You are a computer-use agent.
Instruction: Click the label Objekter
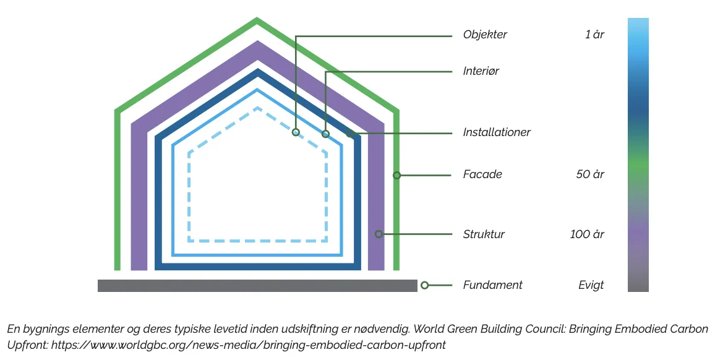pos(485,35)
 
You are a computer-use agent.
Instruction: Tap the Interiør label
pos(481,71)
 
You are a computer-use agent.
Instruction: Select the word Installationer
pos(497,132)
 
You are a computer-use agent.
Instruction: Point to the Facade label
pos(482,174)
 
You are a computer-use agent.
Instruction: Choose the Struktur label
pos(484,234)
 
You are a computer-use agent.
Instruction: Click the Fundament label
pos(492,285)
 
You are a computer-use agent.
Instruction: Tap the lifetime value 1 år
pos(594,35)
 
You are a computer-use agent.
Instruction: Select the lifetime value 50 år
pos(590,174)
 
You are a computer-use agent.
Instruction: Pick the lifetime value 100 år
pos(587,234)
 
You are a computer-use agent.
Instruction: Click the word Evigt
pos(591,285)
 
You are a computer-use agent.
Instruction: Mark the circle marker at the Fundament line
pos(424,285)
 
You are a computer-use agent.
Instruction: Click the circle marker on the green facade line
pos(397,176)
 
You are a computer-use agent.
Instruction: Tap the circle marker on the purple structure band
pos(379,234)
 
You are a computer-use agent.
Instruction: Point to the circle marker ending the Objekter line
pos(296,132)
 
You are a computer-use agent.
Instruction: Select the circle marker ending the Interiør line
pos(326,134)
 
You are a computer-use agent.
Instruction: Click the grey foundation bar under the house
pos(257,286)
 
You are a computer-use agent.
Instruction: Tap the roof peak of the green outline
pos(257,21)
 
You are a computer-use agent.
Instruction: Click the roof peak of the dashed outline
pos(257,108)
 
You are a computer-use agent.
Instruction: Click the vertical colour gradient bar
pos(638,155)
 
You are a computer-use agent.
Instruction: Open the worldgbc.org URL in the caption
pos(248,345)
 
